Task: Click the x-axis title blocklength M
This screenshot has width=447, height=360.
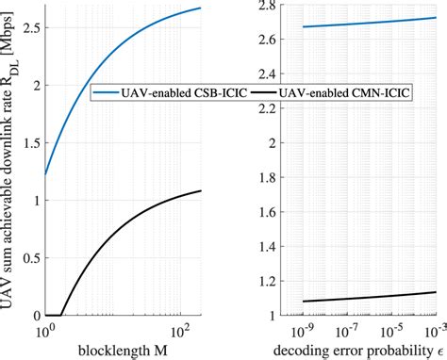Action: tap(122, 351)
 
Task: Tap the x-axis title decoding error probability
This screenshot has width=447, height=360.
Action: tap(355, 351)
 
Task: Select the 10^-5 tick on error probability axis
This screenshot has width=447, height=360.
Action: tap(390, 333)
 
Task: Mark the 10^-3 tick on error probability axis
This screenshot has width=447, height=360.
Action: tap(434, 333)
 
